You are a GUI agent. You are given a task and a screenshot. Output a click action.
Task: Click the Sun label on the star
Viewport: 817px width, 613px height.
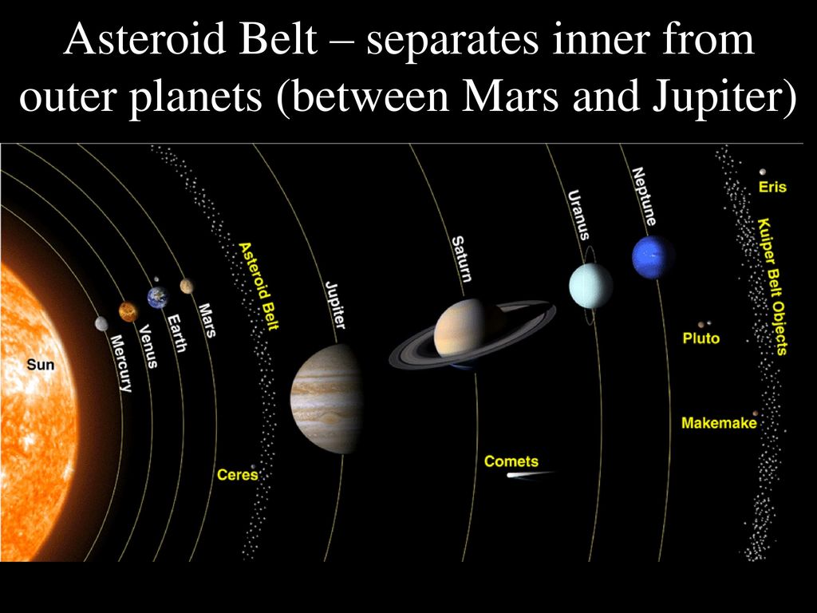coord(40,364)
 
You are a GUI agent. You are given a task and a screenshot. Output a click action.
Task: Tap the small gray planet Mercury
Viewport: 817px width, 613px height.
coord(101,324)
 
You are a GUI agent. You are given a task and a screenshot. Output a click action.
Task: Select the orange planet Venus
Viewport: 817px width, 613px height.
coord(128,312)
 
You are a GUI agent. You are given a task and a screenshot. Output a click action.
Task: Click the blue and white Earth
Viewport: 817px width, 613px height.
coord(158,297)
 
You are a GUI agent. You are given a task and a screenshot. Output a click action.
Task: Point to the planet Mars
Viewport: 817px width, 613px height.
coord(187,287)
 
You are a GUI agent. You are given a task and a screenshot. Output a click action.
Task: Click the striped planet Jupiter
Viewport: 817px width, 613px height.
coord(326,399)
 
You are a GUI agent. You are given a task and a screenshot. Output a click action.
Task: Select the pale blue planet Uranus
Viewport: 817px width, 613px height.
coord(590,285)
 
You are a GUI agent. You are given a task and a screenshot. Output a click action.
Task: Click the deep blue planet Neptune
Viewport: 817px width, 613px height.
coord(653,257)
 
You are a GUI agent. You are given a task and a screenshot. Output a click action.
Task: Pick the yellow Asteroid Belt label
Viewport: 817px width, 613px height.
coord(259,286)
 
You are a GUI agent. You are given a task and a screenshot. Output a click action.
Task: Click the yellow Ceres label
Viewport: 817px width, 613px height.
coord(238,475)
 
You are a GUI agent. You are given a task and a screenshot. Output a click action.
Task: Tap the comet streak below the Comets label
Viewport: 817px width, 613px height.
coord(530,475)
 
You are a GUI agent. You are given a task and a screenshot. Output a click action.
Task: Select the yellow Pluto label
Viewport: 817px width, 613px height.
coord(701,338)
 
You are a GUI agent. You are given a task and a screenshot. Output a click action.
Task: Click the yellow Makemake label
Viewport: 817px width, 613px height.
coord(719,423)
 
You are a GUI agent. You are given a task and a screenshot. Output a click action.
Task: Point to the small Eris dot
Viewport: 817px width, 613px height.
coord(763,172)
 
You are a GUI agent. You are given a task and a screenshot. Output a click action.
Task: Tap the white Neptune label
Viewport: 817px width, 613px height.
coord(644,196)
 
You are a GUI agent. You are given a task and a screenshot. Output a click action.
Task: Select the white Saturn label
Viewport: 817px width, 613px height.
coord(461,259)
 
